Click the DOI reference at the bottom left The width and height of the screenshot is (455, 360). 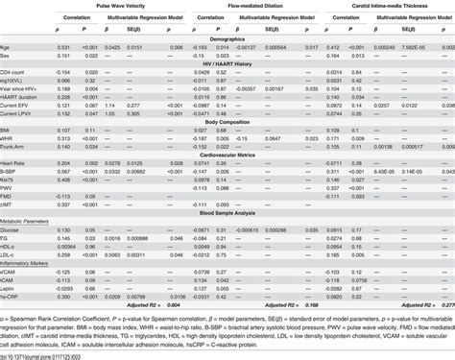[53, 355]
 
